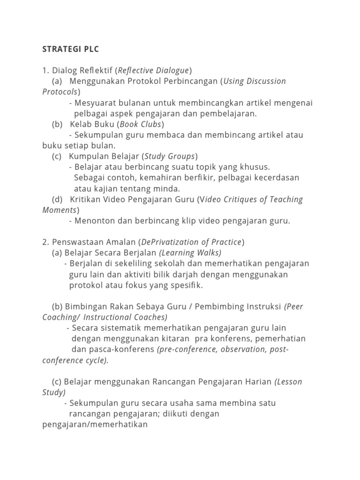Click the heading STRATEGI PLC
71,49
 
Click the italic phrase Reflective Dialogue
154,70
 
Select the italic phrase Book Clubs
141,124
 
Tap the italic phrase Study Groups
170,156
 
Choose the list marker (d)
57,199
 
